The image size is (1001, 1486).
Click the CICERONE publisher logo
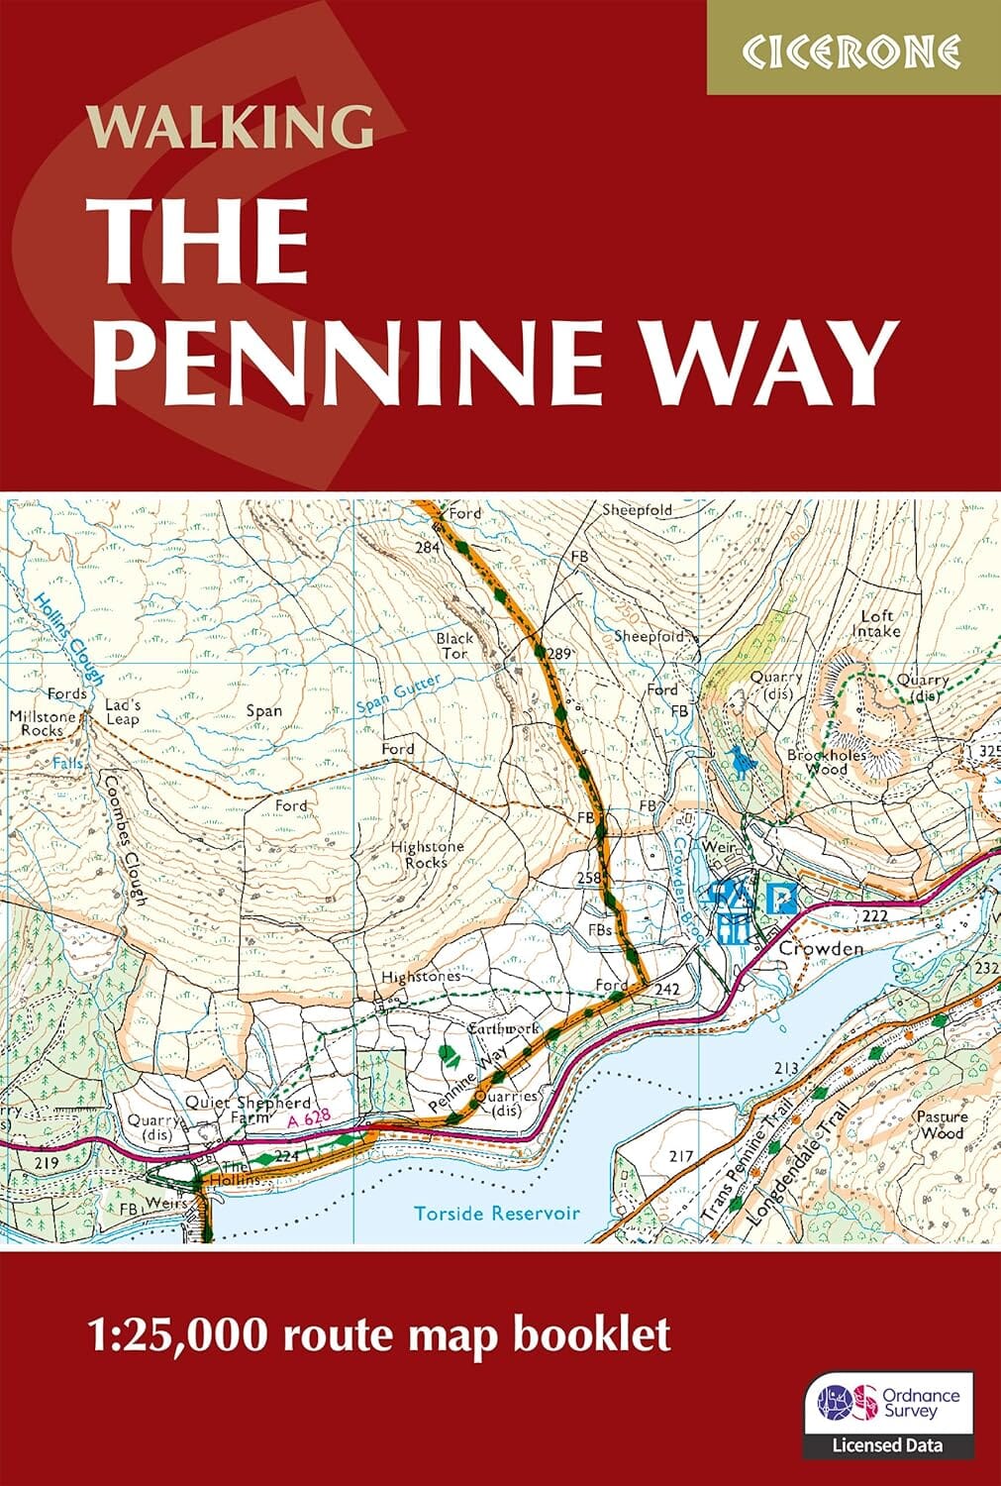coord(852,50)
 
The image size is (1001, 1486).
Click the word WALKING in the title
coord(231,127)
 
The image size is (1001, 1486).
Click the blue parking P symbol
coord(782,900)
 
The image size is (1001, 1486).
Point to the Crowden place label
coord(821,948)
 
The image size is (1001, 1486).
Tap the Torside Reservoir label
coord(496,1213)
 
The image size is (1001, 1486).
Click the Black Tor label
coord(454,646)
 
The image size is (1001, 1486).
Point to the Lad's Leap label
coord(124,711)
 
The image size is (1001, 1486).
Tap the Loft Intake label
coord(878,623)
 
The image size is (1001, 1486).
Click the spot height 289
coord(560,653)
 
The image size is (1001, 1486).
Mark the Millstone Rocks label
coord(37,722)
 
